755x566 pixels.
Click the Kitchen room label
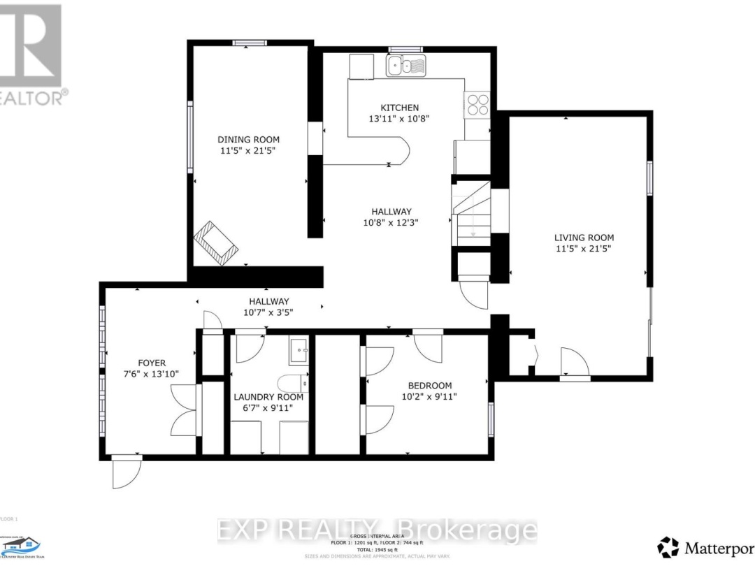(399, 108)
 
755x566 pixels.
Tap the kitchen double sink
(405, 66)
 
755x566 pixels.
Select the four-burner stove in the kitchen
(477, 104)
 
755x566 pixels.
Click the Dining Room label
(248, 140)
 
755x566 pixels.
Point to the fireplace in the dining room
(217, 243)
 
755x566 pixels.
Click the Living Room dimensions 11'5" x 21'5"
(584, 249)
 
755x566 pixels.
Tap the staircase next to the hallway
(472, 212)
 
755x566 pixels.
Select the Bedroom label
(430, 385)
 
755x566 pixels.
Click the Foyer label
(151, 363)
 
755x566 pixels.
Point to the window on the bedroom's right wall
(491, 419)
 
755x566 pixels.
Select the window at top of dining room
(250, 43)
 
